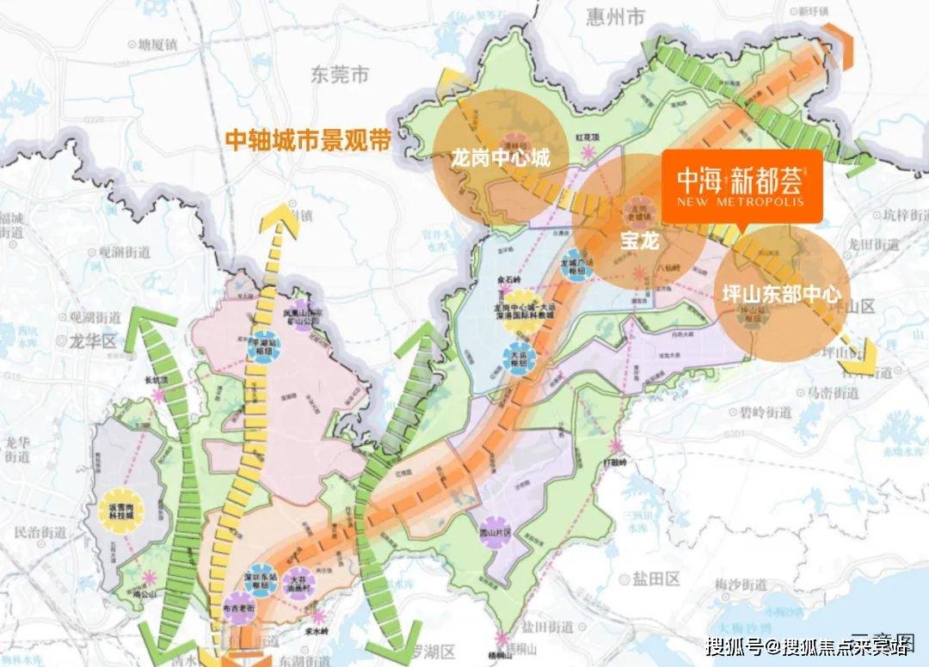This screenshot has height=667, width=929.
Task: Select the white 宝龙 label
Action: pyautogui.click(x=639, y=242)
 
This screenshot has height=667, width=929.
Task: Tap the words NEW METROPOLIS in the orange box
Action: pyautogui.click(x=741, y=202)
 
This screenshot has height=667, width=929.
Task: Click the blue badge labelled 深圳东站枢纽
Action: pyautogui.click(x=245, y=569)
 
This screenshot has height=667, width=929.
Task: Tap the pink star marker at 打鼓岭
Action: pyautogui.click(x=616, y=446)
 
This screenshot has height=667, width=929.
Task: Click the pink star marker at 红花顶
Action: pyautogui.click(x=589, y=152)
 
